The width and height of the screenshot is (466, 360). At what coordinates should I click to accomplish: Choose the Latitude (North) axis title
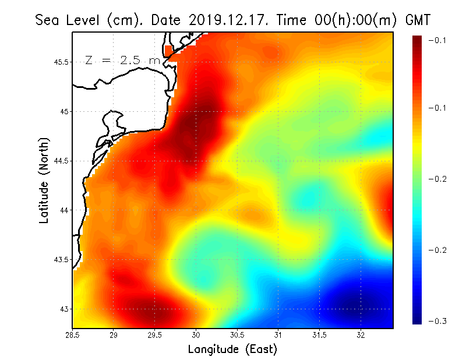point(44,180)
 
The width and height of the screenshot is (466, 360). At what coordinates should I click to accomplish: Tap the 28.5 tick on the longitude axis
point(72,335)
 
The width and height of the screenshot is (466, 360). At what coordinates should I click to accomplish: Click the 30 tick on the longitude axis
point(196,335)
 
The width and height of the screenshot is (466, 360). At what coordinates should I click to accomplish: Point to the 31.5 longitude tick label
point(320,335)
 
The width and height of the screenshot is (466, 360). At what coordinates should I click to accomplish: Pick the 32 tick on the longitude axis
point(361,335)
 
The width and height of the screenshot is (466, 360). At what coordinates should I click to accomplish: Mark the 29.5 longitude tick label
point(155,335)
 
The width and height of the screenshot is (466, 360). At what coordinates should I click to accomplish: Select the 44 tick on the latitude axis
point(63,210)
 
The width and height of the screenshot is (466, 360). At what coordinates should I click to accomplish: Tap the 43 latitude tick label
point(63,309)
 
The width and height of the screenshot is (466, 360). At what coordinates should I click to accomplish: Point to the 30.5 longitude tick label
point(237,335)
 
